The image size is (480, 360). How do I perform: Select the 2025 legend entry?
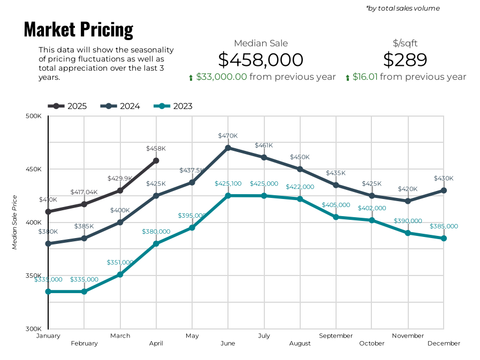pos(67,106)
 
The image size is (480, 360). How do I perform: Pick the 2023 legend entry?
pos(173,106)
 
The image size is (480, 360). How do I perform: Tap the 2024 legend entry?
pos(120,106)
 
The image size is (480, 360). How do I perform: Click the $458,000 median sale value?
pos(261,60)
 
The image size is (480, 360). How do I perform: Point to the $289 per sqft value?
pos(405,60)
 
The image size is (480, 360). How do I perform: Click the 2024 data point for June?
pos(228,148)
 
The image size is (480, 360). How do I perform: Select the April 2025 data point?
pos(156,160)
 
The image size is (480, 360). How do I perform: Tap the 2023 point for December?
pos(444,238)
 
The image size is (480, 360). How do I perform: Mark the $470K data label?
pos(227,136)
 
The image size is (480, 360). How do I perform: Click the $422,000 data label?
pos(300,187)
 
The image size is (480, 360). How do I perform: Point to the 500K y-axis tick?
pos(34,116)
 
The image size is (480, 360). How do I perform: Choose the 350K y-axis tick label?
pos(34,276)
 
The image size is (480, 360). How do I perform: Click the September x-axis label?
pos(336,336)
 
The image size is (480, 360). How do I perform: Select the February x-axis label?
pos(84,343)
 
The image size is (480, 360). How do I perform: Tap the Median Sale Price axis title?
pos(15,222)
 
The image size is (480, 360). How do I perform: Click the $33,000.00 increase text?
pos(221,76)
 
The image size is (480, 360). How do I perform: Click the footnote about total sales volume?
pos(402,8)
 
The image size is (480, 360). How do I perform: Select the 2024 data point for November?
pos(408,201)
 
